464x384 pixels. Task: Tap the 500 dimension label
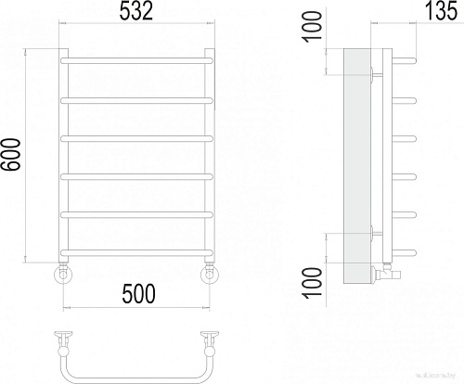[136, 294]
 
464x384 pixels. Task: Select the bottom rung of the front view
[137, 251]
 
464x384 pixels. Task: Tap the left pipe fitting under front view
[64, 274]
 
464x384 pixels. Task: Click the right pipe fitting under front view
[211, 274]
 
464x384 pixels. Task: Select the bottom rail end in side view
[406, 251]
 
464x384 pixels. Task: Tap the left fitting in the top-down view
[64, 339]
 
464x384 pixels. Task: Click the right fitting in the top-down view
[211, 339]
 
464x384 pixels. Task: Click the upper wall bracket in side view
[372, 73]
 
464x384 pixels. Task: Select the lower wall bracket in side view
[372, 233]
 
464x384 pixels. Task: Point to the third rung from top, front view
[137, 137]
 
